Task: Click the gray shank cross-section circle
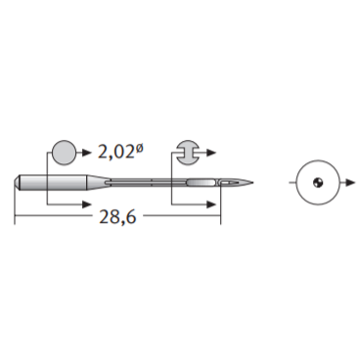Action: [x=65, y=153]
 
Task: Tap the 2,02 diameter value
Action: [x=115, y=152]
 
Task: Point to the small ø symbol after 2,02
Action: [x=139, y=149]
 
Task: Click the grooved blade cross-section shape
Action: [x=187, y=153]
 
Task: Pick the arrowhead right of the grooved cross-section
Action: [x=211, y=153]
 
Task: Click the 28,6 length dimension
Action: [x=117, y=216]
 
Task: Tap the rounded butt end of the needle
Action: [x=18, y=182]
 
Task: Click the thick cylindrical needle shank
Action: [x=54, y=182]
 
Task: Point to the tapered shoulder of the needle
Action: [x=99, y=182]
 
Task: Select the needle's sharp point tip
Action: [x=252, y=182]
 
